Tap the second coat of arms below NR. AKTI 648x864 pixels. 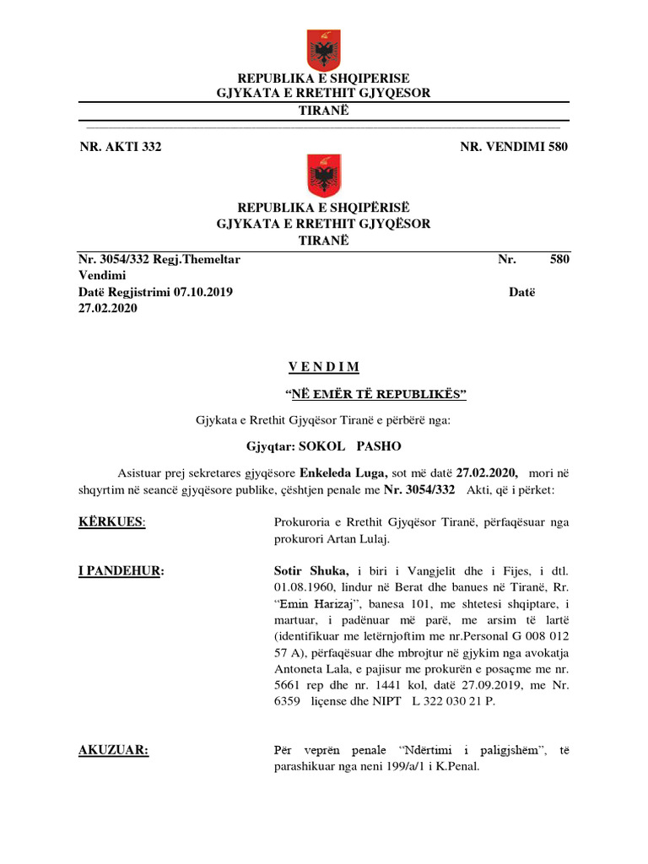pyautogui.click(x=324, y=175)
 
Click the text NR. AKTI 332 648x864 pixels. pyautogui.click(x=120, y=147)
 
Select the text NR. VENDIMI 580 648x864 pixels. pyautogui.click(x=514, y=147)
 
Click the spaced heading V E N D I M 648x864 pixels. pyautogui.click(x=324, y=367)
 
